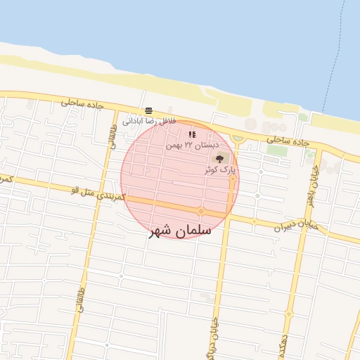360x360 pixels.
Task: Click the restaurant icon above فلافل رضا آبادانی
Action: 148,110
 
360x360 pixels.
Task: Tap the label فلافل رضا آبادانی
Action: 148,121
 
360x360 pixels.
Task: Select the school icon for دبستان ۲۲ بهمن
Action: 192,134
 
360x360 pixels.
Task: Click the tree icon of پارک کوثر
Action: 219,158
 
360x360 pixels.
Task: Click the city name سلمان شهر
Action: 180,230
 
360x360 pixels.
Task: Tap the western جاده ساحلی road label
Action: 82,103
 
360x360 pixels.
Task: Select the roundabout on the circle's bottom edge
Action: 201,211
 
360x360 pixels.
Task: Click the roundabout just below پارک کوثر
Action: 232,178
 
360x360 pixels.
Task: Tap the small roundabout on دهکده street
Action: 288,314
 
